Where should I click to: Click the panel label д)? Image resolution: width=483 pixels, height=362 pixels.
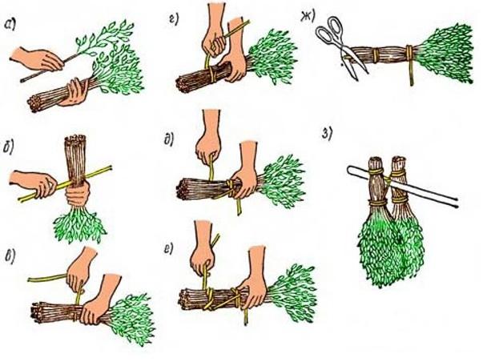click(x=170, y=140)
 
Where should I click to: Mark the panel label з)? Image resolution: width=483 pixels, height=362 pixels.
click(x=327, y=134)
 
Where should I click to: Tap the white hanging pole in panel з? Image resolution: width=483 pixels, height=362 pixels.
click(x=403, y=187)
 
